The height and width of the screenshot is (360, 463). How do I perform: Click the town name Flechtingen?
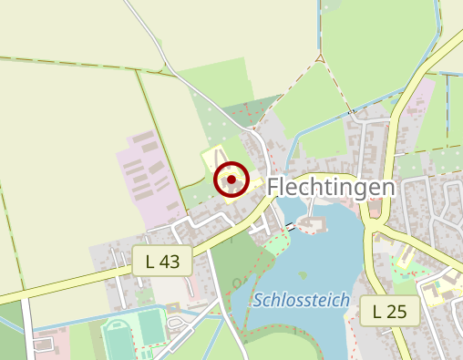(x=333, y=188)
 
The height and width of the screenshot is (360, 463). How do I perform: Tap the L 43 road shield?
(x=161, y=262)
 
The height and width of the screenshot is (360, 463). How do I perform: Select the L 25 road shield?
(x=388, y=312)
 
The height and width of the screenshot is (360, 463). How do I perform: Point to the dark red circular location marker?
(x=231, y=180)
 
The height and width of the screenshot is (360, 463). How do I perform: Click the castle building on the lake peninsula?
(x=314, y=224)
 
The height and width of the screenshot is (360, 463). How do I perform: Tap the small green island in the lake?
(x=302, y=274)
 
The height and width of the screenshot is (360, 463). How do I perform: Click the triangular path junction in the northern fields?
(x=320, y=59)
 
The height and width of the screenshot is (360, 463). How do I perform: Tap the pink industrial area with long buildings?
(x=146, y=173)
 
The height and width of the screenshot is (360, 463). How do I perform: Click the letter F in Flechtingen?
(x=275, y=188)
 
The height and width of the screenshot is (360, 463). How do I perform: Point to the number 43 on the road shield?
(x=170, y=262)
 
